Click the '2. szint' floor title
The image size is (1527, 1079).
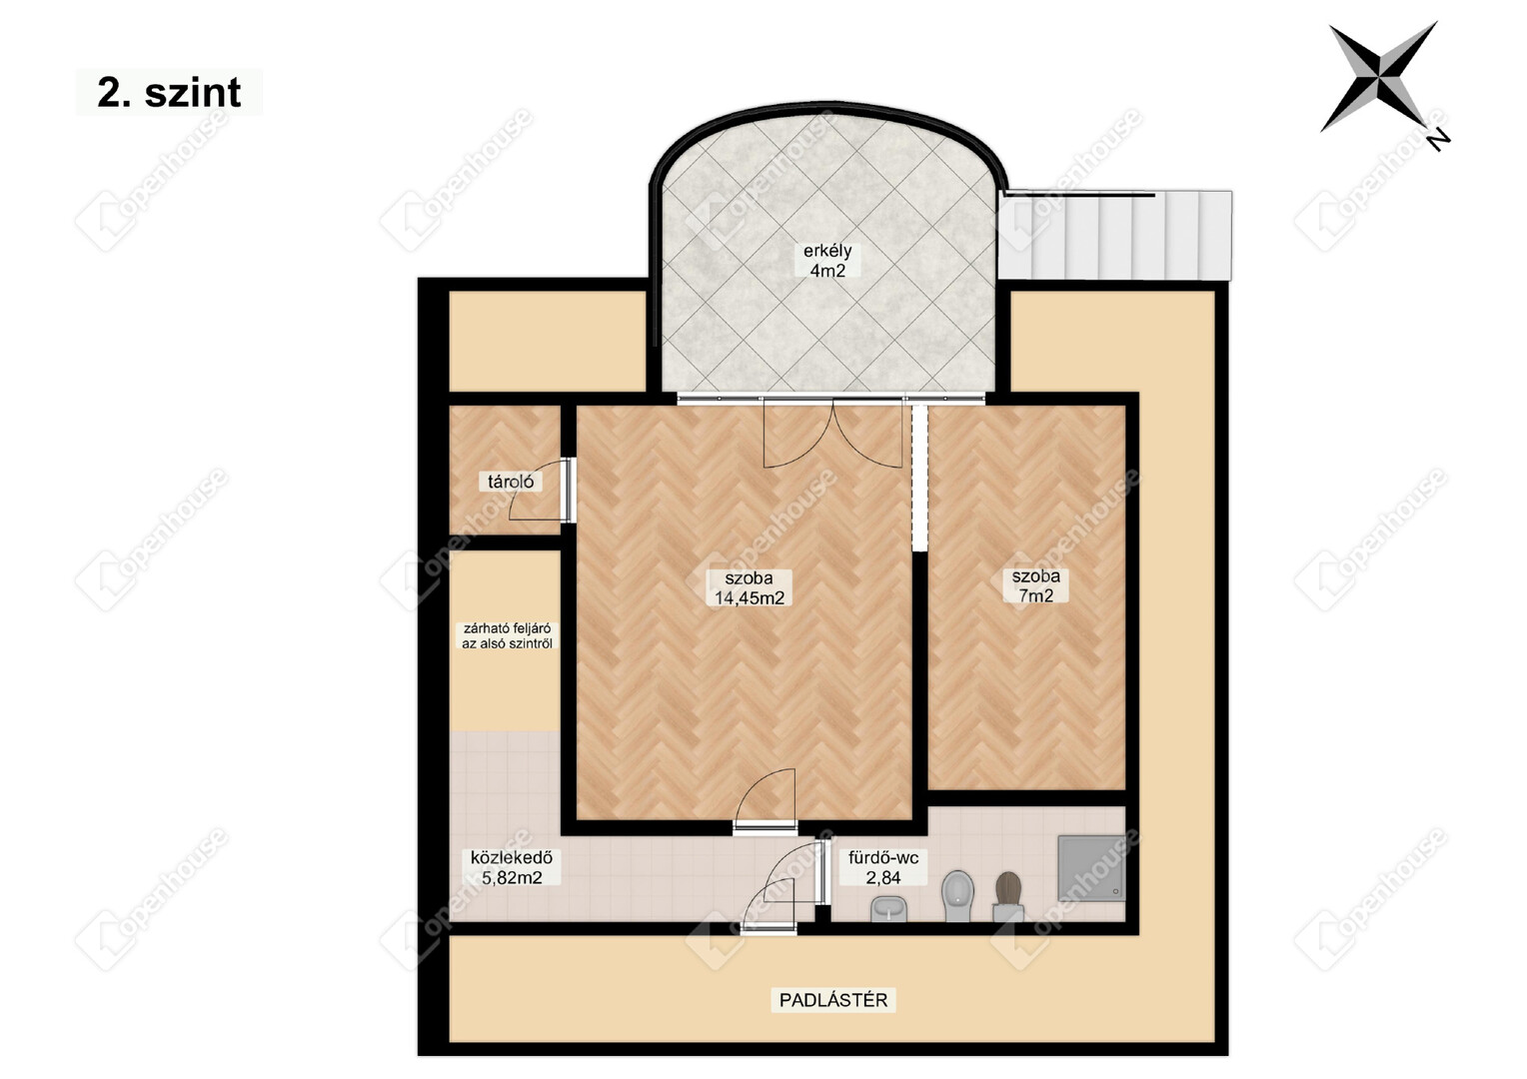(x=169, y=92)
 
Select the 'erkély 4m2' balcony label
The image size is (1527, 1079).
(x=827, y=261)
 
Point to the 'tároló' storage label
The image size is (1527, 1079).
(x=511, y=482)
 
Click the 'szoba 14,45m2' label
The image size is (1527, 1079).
(x=750, y=587)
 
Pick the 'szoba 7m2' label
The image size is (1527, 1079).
(x=1035, y=585)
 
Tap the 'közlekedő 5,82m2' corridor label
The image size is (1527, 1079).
(x=512, y=867)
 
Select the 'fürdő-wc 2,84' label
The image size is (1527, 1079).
(x=883, y=867)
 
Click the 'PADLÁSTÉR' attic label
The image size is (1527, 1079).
(x=833, y=1000)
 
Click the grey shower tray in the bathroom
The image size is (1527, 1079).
(x=1090, y=868)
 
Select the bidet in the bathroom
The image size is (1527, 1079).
(x=957, y=895)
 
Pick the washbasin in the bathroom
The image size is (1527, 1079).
(x=889, y=908)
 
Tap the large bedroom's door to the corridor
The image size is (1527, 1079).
(x=765, y=801)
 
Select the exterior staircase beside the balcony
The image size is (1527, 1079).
(x=1115, y=235)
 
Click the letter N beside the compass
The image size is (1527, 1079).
(x=1438, y=141)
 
